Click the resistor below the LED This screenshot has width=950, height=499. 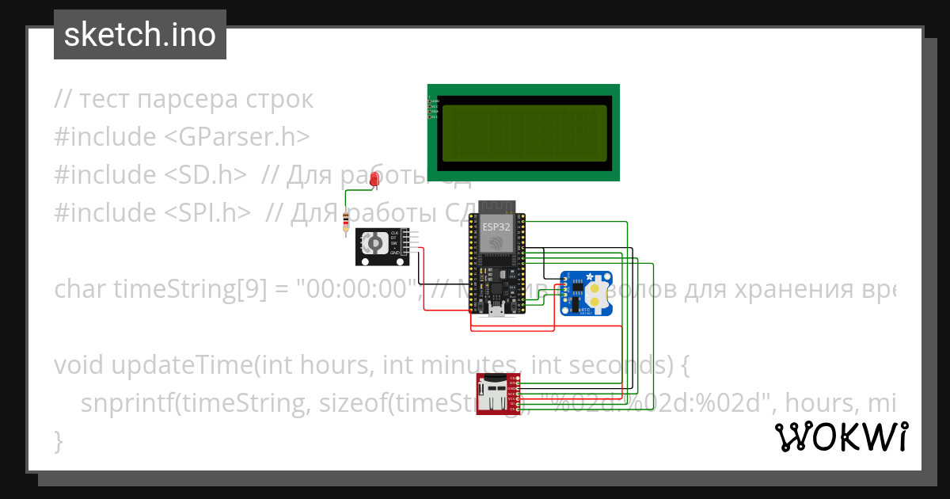click(345, 223)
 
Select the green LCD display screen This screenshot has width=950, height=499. click(523, 131)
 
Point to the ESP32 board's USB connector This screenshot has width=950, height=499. click(496, 310)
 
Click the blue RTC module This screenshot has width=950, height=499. click(586, 292)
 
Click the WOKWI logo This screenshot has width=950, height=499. click(841, 436)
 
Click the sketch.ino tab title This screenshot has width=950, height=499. click(139, 35)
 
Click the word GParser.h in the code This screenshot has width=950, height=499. click(237, 137)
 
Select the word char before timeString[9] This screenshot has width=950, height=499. click(82, 289)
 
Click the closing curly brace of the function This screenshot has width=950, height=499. click(58, 440)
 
